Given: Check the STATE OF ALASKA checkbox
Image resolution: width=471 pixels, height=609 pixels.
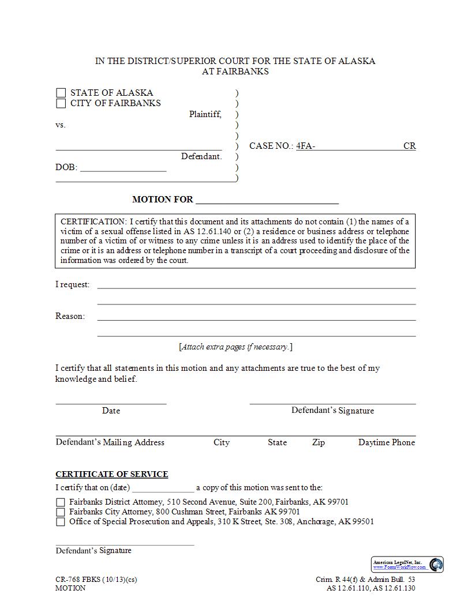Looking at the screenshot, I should (x=61, y=93).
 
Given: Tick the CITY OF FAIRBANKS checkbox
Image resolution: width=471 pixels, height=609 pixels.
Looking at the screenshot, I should (x=61, y=104).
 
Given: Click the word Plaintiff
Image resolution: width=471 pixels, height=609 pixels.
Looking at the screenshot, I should (x=205, y=114).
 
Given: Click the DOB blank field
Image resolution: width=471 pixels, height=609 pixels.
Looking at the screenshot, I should (x=123, y=168).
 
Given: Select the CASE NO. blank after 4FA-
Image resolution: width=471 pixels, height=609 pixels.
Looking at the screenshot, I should (x=358, y=146).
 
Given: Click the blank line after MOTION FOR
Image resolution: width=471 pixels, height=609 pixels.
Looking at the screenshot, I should (x=267, y=200).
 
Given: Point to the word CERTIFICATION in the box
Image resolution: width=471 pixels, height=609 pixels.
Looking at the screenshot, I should (x=93, y=221).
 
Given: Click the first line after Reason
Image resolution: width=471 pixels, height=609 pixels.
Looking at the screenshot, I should (x=256, y=316).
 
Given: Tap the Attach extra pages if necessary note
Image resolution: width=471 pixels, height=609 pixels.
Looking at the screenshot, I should (x=235, y=347).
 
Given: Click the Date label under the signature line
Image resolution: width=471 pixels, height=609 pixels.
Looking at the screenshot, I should (x=111, y=411).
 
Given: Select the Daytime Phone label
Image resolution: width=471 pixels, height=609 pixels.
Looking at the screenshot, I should (x=386, y=442).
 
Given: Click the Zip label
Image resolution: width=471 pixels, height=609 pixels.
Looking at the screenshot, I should (x=318, y=442).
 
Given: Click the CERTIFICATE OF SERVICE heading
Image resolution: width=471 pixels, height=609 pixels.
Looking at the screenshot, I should (x=111, y=474).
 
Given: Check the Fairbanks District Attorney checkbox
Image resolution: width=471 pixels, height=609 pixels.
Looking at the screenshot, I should (x=61, y=502).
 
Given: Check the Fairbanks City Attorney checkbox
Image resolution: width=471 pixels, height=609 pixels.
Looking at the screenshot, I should (x=61, y=512).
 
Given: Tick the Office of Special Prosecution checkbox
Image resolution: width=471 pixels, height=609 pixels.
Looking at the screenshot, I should (x=61, y=522).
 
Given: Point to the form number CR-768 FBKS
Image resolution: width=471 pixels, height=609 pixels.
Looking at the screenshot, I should (x=78, y=580).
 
